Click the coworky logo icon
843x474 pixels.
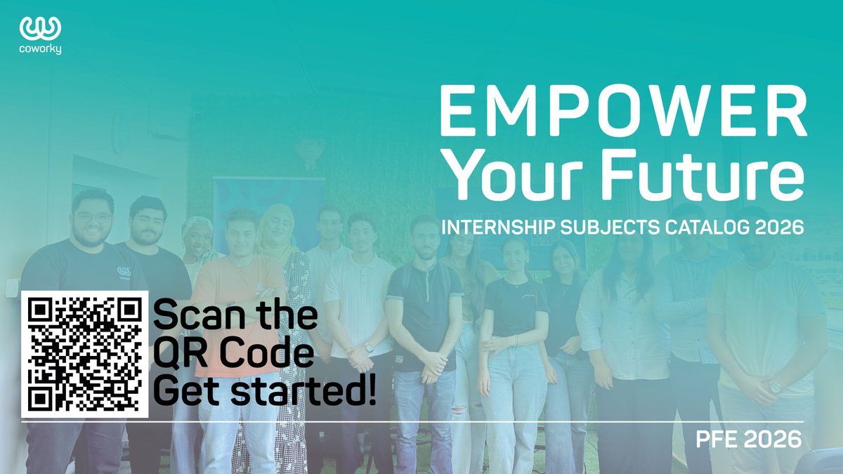point(41,28)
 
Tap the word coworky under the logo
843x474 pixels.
point(41,50)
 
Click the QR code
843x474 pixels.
point(84,354)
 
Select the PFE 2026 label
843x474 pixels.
point(747,440)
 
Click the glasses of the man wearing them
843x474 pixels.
point(93,218)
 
